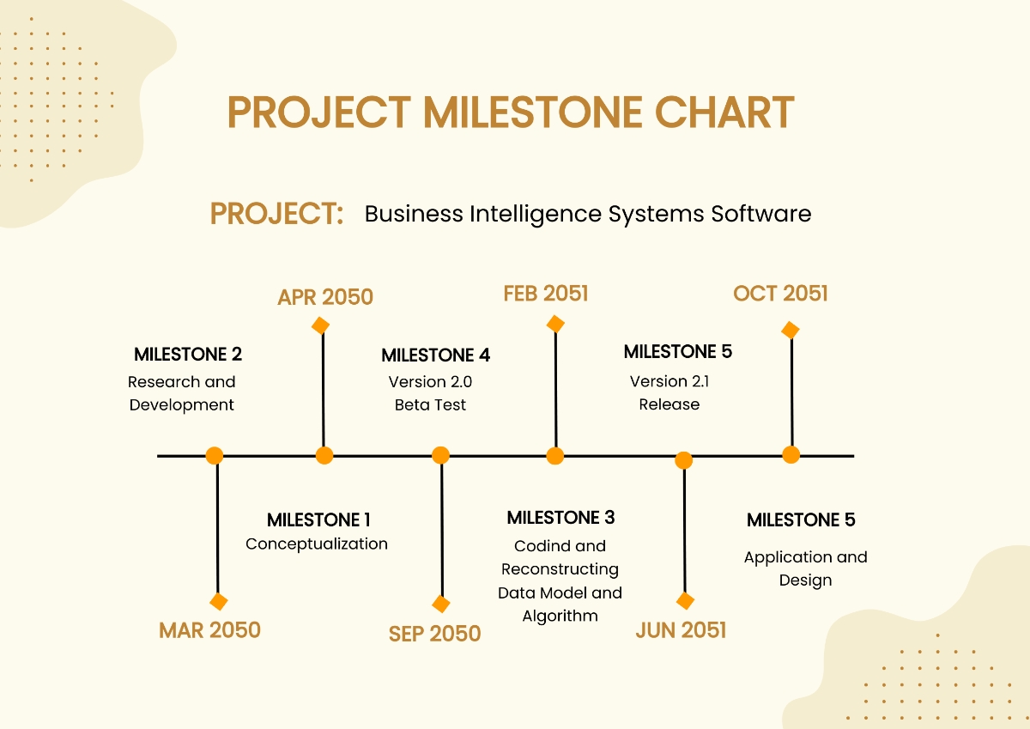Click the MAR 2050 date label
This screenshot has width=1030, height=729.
[x=209, y=630]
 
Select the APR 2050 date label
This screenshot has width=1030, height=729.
[x=325, y=297]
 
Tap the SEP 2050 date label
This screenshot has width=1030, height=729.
[x=434, y=634]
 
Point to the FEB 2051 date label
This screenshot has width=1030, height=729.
[x=546, y=294]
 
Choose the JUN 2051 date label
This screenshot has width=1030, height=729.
[x=681, y=630]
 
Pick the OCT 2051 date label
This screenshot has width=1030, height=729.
[x=780, y=294]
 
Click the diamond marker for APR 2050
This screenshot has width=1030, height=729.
[x=321, y=325]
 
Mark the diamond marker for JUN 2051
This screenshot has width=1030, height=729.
[x=685, y=601]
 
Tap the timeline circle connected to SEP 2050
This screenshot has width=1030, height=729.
[x=440, y=455]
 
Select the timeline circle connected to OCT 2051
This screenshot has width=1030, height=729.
[x=791, y=454]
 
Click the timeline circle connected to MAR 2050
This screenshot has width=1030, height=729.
[x=215, y=455]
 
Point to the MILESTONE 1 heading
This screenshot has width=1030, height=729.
[x=318, y=519]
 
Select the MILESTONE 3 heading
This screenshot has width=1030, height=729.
[x=560, y=518]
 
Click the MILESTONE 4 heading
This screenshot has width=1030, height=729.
[x=435, y=355]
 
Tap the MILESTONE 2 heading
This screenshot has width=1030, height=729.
[x=188, y=354]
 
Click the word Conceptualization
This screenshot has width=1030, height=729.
[x=317, y=544]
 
